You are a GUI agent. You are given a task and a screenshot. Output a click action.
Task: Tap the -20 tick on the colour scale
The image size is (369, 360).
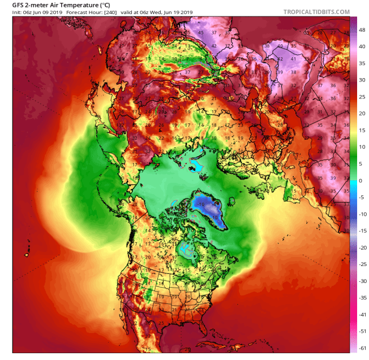[361, 247]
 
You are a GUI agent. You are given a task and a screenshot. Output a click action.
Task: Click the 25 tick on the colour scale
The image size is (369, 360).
[361, 97]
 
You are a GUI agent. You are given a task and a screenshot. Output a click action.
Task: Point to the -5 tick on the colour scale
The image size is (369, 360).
[361, 198]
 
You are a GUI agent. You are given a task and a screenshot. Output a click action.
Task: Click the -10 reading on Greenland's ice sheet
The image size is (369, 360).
[202, 204]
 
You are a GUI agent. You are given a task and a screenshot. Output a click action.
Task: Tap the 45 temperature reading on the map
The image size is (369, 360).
[201, 32]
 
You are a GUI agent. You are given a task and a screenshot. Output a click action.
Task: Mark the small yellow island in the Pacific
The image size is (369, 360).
[26, 255]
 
